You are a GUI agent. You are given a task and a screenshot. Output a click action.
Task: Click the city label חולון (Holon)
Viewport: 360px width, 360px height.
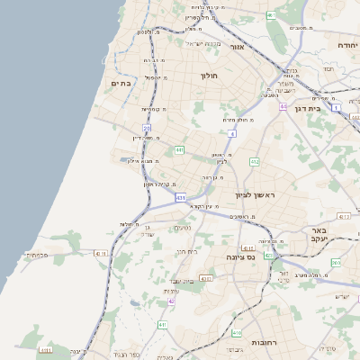point(211,76)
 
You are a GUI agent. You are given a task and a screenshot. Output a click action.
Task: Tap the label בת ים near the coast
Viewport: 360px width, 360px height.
point(121,83)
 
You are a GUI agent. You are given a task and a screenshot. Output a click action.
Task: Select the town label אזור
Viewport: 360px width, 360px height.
point(238,47)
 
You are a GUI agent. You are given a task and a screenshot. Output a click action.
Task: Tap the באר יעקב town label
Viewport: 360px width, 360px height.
point(321,236)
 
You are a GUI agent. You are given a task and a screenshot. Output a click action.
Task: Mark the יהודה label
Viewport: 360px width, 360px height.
point(347,44)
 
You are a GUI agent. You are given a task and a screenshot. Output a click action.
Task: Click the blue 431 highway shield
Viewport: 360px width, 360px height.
point(181,197)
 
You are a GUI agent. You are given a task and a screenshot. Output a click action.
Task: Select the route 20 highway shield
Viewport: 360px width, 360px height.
point(146,129)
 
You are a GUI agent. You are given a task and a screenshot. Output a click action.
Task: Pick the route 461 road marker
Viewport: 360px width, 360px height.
point(271,15)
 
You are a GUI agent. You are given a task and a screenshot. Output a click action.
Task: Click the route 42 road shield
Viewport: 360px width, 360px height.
point(171,301)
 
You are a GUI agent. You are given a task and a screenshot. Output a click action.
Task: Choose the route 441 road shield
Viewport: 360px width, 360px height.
point(180,149)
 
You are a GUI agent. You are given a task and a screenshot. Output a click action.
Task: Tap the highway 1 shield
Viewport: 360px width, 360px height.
point(335,108)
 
